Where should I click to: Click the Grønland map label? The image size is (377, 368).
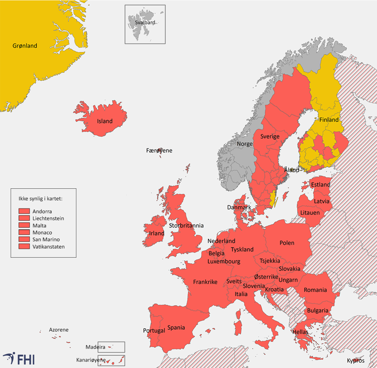[x=25, y=46]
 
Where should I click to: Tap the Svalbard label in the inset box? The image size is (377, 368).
[x=145, y=22]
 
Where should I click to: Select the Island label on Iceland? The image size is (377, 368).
[x=105, y=121]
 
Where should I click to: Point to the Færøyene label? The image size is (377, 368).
[x=159, y=151]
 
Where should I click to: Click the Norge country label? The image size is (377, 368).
[x=245, y=143]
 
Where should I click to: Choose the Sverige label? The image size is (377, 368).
[x=270, y=136]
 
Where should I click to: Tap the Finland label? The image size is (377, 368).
[x=329, y=120]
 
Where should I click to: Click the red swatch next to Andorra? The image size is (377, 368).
[x=25, y=211]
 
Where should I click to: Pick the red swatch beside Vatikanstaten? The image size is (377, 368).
[x=25, y=247]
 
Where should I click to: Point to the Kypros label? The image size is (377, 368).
[x=355, y=360]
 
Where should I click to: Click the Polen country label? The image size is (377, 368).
[x=287, y=243]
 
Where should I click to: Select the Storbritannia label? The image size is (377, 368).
[x=186, y=226]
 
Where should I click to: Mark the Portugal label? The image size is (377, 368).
[x=154, y=330]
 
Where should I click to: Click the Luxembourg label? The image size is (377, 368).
[x=224, y=261]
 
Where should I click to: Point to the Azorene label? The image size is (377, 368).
[x=58, y=329]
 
